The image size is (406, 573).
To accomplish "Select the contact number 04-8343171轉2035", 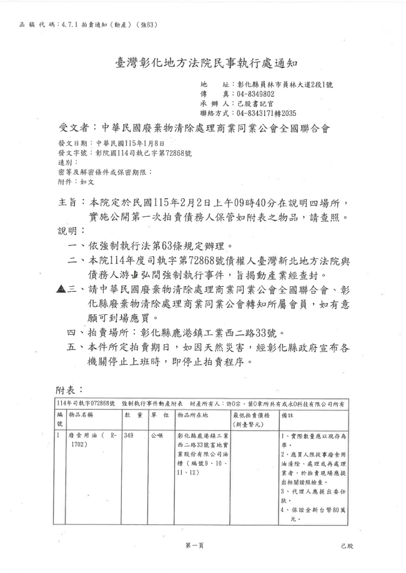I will [x=264, y=113].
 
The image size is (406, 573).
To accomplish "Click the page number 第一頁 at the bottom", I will [x=194, y=546].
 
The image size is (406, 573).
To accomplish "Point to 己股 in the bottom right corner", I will [x=347, y=546].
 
